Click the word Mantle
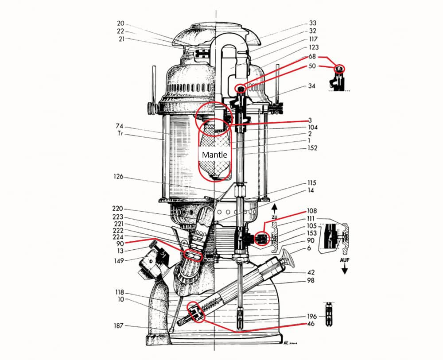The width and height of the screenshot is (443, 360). (x=214, y=155)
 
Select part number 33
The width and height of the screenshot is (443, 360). (x=313, y=23)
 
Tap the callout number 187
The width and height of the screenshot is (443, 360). (x=118, y=326)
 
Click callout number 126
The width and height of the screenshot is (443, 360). (x=118, y=177)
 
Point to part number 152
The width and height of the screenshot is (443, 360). (x=313, y=148)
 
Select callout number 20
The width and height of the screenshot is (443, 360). (x=121, y=23)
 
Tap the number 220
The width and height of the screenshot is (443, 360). (x=118, y=209)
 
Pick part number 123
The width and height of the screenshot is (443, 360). (x=313, y=47)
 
